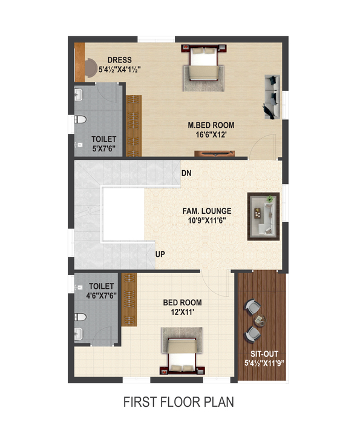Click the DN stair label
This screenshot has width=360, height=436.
click(x=186, y=173)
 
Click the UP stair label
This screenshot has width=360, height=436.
click(x=160, y=254)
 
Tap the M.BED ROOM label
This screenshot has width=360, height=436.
click(x=211, y=125)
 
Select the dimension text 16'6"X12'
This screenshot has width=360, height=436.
click(x=211, y=135)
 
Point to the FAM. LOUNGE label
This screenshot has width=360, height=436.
click(x=207, y=211)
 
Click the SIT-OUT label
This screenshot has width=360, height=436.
click(x=264, y=354)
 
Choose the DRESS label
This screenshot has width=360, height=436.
click(x=120, y=60)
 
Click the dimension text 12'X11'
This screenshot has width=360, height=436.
click(x=182, y=312)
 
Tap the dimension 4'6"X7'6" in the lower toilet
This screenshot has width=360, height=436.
click(x=101, y=296)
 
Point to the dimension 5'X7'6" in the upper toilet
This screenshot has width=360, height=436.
click(x=104, y=148)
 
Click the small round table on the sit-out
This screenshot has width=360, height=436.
click(x=260, y=320)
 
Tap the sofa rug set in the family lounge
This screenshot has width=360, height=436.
click(x=264, y=216)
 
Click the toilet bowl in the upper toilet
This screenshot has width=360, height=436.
click(x=80, y=119)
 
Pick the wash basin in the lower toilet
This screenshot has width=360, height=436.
click(x=79, y=334)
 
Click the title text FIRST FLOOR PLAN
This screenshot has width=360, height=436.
click(x=178, y=402)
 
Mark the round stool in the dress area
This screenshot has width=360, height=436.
click(x=90, y=68)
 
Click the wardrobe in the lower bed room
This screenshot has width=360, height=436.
click(x=129, y=300)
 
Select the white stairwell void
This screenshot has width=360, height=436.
click(x=123, y=214)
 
